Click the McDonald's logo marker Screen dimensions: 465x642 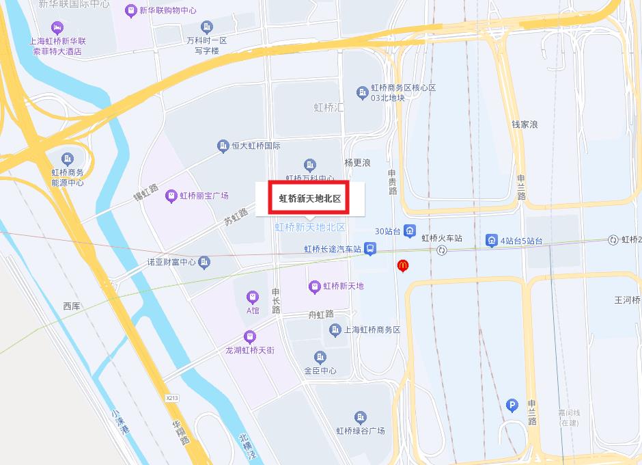pyautogui.click(x=403, y=265)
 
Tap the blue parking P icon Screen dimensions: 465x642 pyautogui.click(x=512, y=406)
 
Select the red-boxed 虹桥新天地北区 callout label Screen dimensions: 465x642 pyautogui.click(x=309, y=199)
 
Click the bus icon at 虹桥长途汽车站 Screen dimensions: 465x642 pyautogui.click(x=369, y=249)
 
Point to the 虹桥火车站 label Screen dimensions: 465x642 pyautogui.click(x=442, y=239)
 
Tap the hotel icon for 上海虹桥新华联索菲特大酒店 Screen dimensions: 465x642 pyautogui.click(x=57, y=27)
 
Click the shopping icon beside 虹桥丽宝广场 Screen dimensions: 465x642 pyautogui.click(x=171, y=196)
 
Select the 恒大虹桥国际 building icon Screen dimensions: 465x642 pyautogui.click(x=223, y=146)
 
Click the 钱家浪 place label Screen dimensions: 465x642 pyautogui.click(x=525, y=124)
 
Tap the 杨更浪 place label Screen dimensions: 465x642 pyautogui.click(x=357, y=163)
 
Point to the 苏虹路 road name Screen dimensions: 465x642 pyautogui.click(x=236, y=217)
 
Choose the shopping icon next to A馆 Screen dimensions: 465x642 pyautogui.click(x=253, y=297)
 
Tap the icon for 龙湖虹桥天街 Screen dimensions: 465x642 pyautogui.click(x=249, y=336)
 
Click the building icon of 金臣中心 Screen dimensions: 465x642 pyautogui.click(x=320, y=357)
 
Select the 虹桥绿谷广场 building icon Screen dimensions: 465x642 pyautogui.click(x=360, y=417)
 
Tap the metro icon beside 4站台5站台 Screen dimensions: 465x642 pyautogui.click(x=491, y=240)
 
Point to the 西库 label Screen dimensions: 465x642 pyautogui.click(x=72, y=306)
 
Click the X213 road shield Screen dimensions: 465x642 pyautogui.click(x=172, y=397)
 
